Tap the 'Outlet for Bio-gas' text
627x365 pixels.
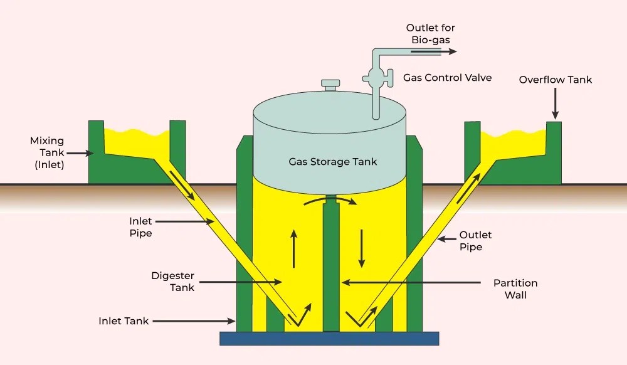pos(430,34)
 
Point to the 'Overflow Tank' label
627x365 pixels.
pos(555,80)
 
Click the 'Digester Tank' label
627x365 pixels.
pos(173,281)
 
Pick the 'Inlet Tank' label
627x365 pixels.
pos(124,321)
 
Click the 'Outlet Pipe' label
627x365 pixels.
pos(475,241)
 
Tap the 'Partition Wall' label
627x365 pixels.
pos(515,288)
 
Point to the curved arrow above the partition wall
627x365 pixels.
pos(330,202)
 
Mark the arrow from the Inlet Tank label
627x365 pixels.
pos(194,321)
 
